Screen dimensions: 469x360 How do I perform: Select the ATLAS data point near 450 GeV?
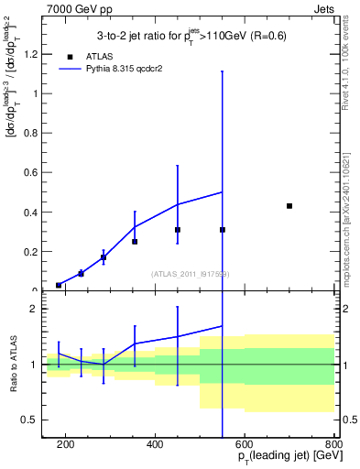tap(178, 230)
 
